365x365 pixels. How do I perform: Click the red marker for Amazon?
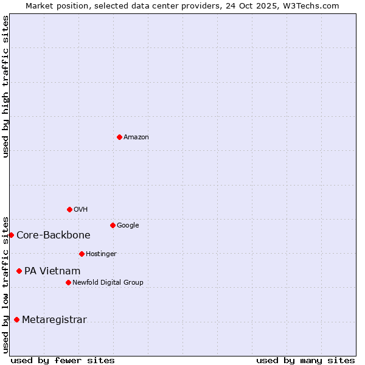pyautogui.click(x=119, y=137)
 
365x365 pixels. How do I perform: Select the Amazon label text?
pyautogui.click(x=136, y=137)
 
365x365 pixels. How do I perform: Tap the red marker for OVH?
pyautogui.click(x=69, y=209)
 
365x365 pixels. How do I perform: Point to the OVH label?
pyautogui.click(x=81, y=210)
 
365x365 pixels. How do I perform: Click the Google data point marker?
pyautogui.click(x=113, y=225)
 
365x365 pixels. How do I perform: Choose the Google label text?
pyautogui.click(x=128, y=226)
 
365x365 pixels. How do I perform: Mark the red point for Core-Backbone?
pyautogui.click(x=11, y=235)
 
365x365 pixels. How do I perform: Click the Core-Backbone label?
pyautogui.click(x=54, y=235)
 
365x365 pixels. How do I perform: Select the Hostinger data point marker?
pyautogui.click(x=82, y=254)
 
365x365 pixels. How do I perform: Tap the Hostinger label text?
pyautogui.click(x=101, y=254)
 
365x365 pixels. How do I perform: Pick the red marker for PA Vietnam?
pyautogui.click(x=19, y=271)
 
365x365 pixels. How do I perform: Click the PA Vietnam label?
pyautogui.click(x=52, y=271)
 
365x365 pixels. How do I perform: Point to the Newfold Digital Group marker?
pyautogui.click(x=68, y=282)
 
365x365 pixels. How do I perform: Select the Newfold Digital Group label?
pyautogui.click(x=108, y=283)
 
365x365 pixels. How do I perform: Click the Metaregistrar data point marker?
pyautogui.click(x=16, y=319)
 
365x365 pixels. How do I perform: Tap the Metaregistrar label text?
pyautogui.click(x=54, y=320)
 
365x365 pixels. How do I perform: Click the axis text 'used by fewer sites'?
pyautogui.click(x=63, y=360)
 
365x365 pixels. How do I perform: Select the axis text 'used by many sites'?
pyautogui.click(x=305, y=360)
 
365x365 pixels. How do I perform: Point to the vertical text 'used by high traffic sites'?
pyautogui.click(x=5, y=86)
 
